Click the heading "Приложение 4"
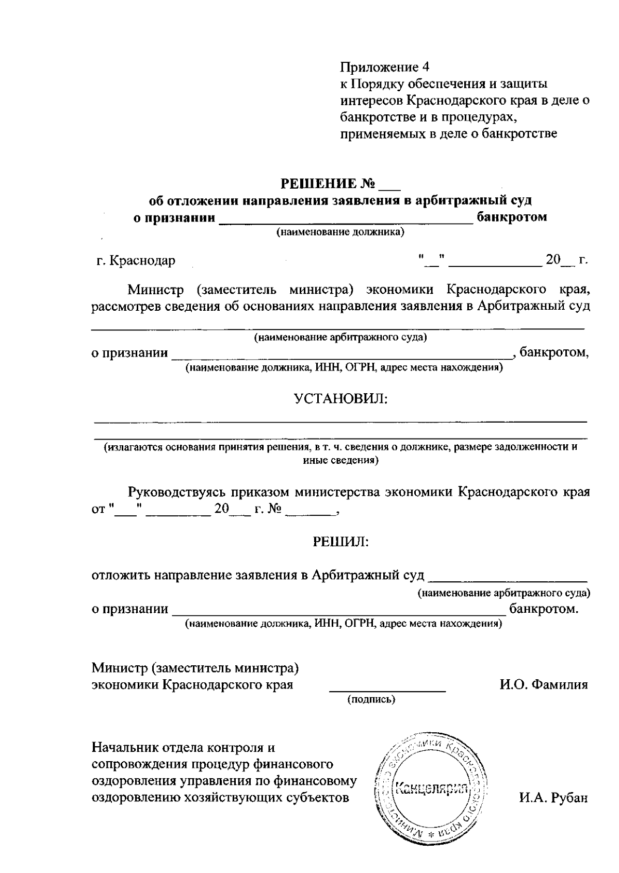coord(384,67)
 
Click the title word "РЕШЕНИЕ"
coord(318,183)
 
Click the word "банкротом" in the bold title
coord(512,217)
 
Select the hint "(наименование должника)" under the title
coord(340,232)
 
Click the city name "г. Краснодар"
coord(136,260)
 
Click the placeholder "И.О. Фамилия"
coord(544,685)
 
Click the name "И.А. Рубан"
coord(553,798)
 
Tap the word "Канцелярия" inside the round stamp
coord(430,789)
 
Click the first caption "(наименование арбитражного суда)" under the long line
coord(340,338)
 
